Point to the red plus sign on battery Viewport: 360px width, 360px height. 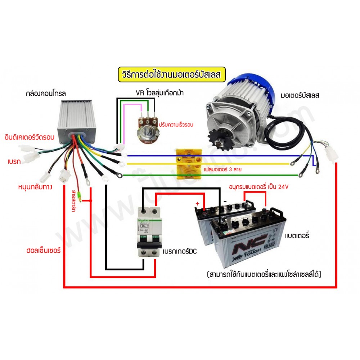[197, 203]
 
